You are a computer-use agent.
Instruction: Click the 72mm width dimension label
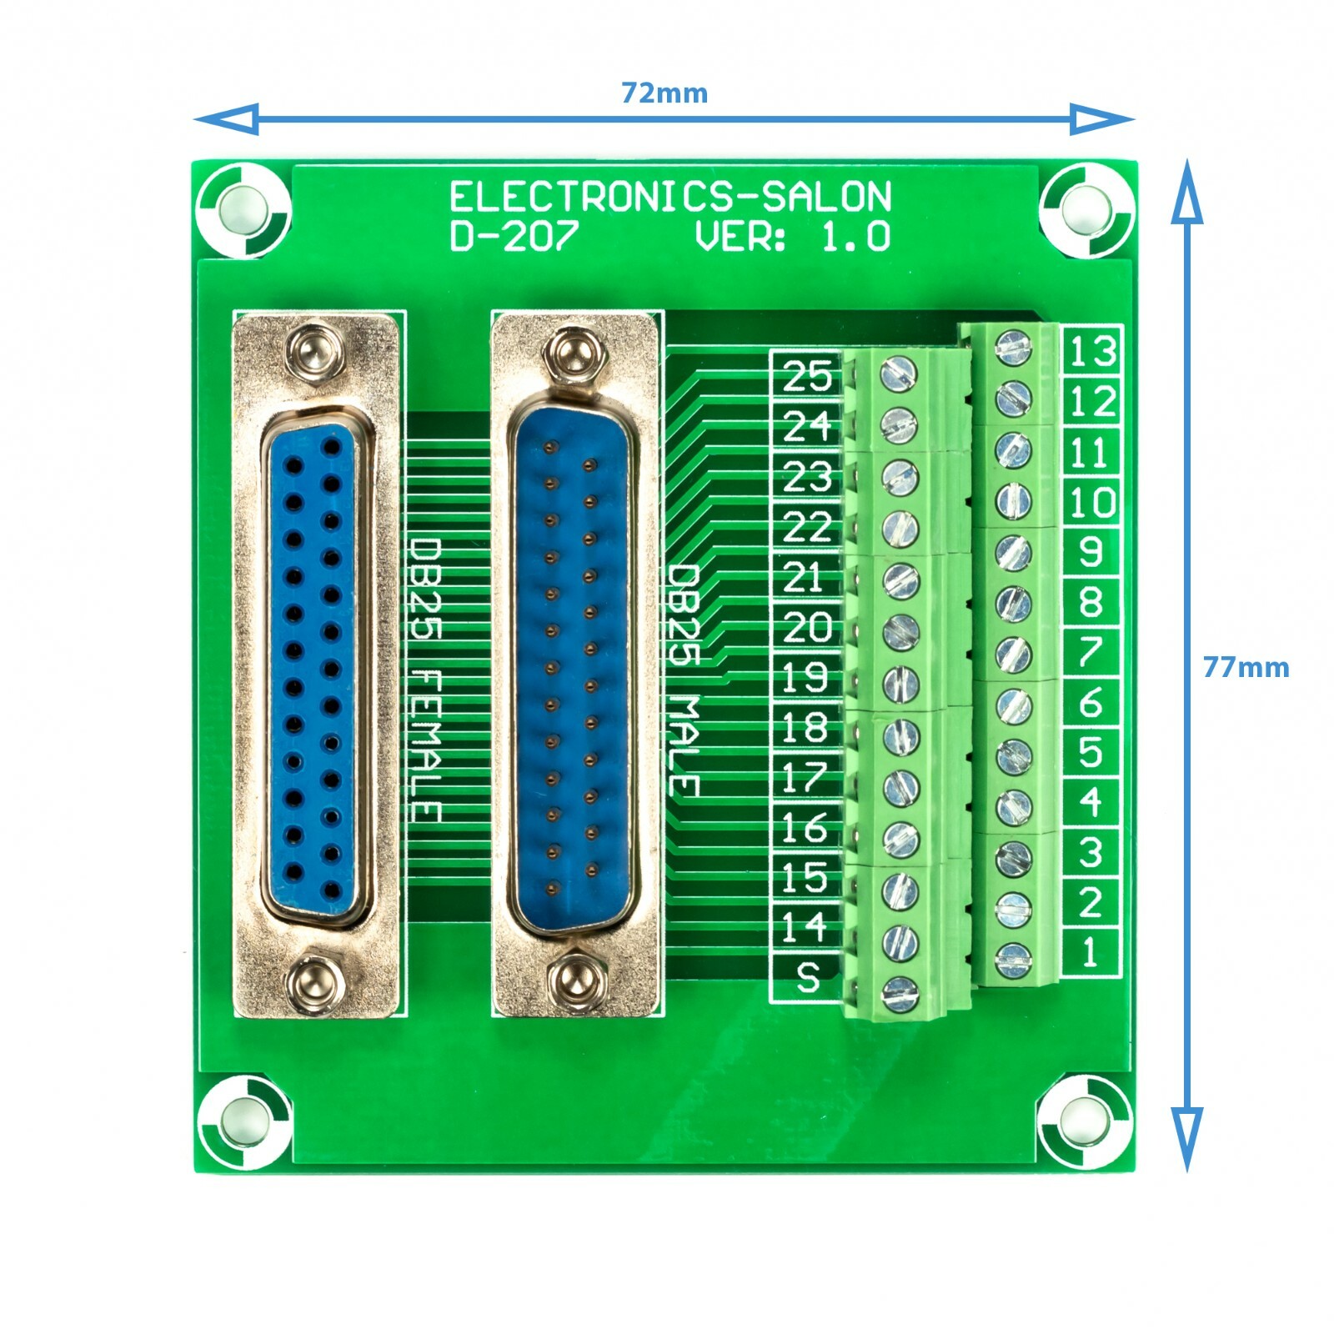(664, 93)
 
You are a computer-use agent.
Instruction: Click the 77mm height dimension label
(1245, 667)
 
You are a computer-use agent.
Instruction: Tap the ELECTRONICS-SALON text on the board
(670, 198)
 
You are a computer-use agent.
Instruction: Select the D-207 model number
(513, 237)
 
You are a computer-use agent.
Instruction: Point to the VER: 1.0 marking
(792, 237)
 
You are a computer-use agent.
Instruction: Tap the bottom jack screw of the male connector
(573, 975)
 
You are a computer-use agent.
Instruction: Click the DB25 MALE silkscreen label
(684, 680)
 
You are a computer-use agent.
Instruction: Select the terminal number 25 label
(806, 376)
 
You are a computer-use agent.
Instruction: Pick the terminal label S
(807, 977)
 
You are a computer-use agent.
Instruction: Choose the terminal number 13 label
(1091, 350)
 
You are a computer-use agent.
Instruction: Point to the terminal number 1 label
(1090, 952)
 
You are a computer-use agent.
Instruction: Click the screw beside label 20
(900, 634)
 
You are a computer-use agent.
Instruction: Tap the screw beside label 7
(1013, 654)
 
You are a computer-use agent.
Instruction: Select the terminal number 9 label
(1091, 551)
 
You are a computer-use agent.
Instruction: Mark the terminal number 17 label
(804, 777)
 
